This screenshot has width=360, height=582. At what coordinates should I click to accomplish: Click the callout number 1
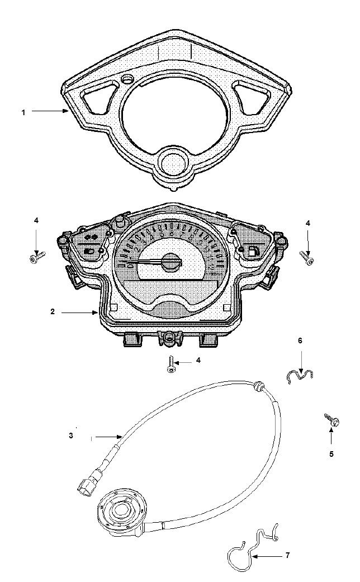[23, 112]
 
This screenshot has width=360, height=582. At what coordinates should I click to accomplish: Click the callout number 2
[53, 312]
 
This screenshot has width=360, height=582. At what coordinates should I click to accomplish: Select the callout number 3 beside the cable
[71, 436]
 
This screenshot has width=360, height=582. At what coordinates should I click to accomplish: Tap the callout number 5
[331, 454]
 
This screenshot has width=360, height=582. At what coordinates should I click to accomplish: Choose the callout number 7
[288, 556]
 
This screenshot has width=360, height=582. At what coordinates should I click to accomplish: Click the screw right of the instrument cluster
[308, 258]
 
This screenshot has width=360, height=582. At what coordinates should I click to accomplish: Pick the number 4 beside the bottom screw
[198, 361]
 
